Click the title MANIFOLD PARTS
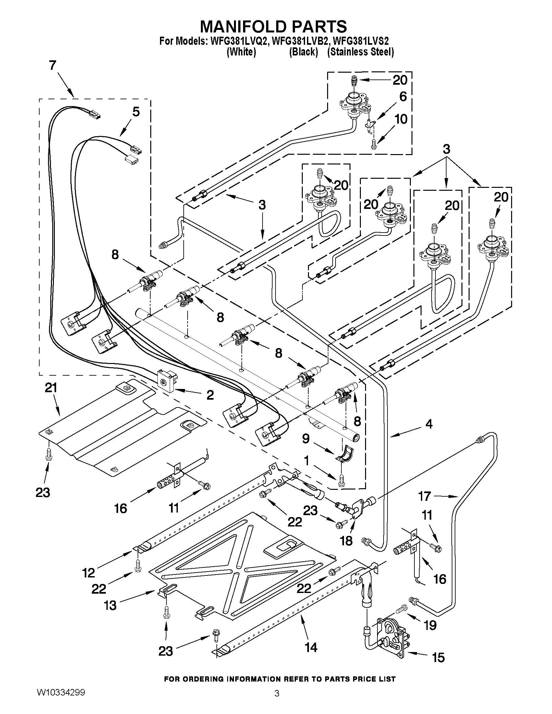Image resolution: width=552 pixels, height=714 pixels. pos(273,26)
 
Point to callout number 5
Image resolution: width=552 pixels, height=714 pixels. pos(136,112)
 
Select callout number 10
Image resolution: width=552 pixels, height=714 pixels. pos(401,119)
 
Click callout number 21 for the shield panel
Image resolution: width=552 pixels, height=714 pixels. pos(51,388)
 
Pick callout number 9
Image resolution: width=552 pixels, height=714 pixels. pos(305,439)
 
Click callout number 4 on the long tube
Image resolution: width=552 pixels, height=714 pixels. pos(429,424)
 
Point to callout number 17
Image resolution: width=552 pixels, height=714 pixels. pos(425,496)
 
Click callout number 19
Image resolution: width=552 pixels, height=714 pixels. pos(430,625)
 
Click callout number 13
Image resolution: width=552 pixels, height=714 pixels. pos(110,605)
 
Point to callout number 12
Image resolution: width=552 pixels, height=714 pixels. pos(89,573)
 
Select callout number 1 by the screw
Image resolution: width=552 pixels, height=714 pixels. pos(306,461)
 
